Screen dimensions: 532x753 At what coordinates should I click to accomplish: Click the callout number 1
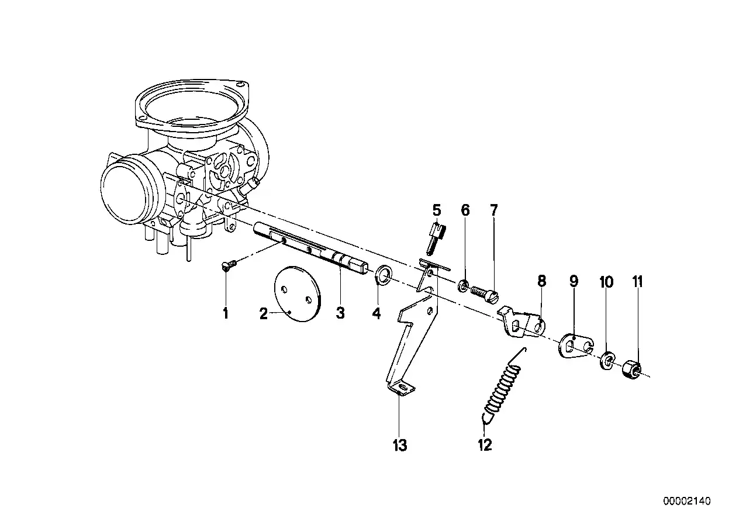click(225, 314)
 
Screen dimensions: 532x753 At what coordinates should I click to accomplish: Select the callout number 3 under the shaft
click(340, 314)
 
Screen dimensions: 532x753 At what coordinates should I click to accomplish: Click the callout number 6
click(465, 210)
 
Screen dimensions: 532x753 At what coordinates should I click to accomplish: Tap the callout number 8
click(542, 281)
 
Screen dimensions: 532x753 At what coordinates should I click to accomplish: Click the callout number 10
click(607, 283)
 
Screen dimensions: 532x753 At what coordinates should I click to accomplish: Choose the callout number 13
click(399, 445)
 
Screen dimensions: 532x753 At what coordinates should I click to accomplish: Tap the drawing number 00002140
click(686, 501)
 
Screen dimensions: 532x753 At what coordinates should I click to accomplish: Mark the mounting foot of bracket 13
click(400, 387)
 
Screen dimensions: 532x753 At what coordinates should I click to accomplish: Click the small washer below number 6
click(463, 285)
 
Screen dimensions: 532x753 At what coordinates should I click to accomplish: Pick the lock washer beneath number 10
click(607, 360)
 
